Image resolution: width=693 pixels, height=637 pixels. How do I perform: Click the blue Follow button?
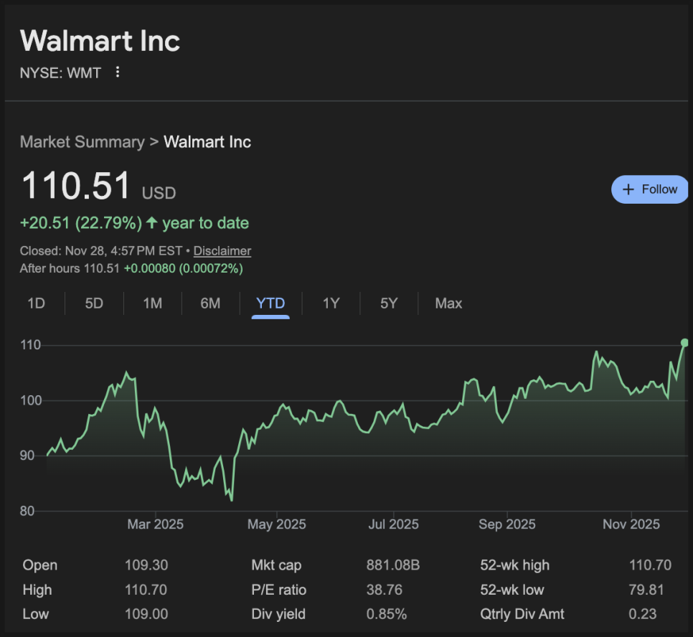click(x=650, y=189)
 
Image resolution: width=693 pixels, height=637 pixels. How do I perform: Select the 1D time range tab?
click(x=36, y=303)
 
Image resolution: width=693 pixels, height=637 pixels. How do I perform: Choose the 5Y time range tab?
click(x=388, y=303)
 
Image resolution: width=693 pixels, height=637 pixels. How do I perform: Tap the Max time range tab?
click(x=448, y=303)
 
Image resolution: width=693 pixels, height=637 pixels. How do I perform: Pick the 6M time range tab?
click(x=210, y=303)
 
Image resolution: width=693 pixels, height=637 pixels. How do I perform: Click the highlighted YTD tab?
click(x=270, y=303)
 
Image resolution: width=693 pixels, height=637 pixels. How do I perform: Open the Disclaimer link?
click(x=222, y=251)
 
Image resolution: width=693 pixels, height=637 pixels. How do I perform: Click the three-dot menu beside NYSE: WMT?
click(x=118, y=72)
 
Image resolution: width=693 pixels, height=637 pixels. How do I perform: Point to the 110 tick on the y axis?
click(x=31, y=345)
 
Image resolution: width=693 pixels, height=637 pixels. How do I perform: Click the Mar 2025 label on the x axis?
click(x=155, y=524)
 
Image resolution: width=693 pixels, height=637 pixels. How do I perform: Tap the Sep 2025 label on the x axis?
click(x=507, y=524)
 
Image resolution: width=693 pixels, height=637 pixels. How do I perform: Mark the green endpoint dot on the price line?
click(x=684, y=342)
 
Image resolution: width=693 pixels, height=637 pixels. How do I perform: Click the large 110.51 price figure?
click(x=76, y=185)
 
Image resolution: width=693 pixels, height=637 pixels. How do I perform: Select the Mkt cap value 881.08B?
click(x=392, y=565)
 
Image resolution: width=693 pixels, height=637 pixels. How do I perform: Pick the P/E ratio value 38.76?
click(x=384, y=590)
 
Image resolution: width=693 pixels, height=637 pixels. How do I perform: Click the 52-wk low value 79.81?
click(x=650, y=590)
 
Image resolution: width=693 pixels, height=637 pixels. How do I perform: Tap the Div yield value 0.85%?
click(x=386, y=614)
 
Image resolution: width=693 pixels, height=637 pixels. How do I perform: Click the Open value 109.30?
click(x=146, y=565)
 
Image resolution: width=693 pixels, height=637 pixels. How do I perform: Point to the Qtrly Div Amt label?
click(x=522, y=614)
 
